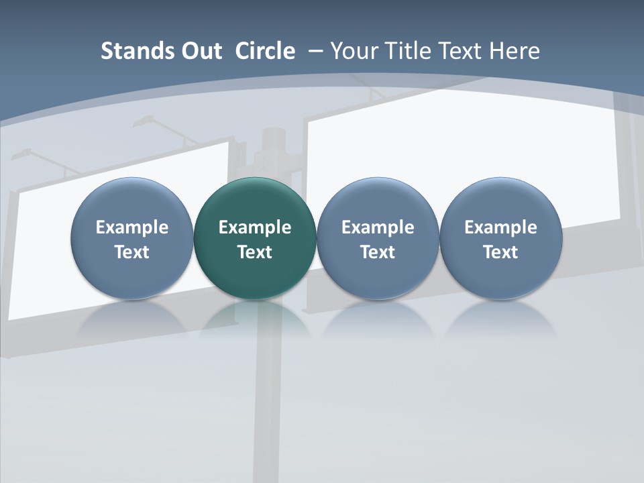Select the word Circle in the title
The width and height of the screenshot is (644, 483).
265,51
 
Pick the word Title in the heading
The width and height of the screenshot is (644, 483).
405,51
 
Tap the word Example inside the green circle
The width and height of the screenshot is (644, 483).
255,227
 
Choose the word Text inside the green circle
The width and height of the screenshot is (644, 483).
255,252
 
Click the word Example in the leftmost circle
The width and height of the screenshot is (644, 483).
131,227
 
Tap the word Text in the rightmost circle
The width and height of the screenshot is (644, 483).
500,252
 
